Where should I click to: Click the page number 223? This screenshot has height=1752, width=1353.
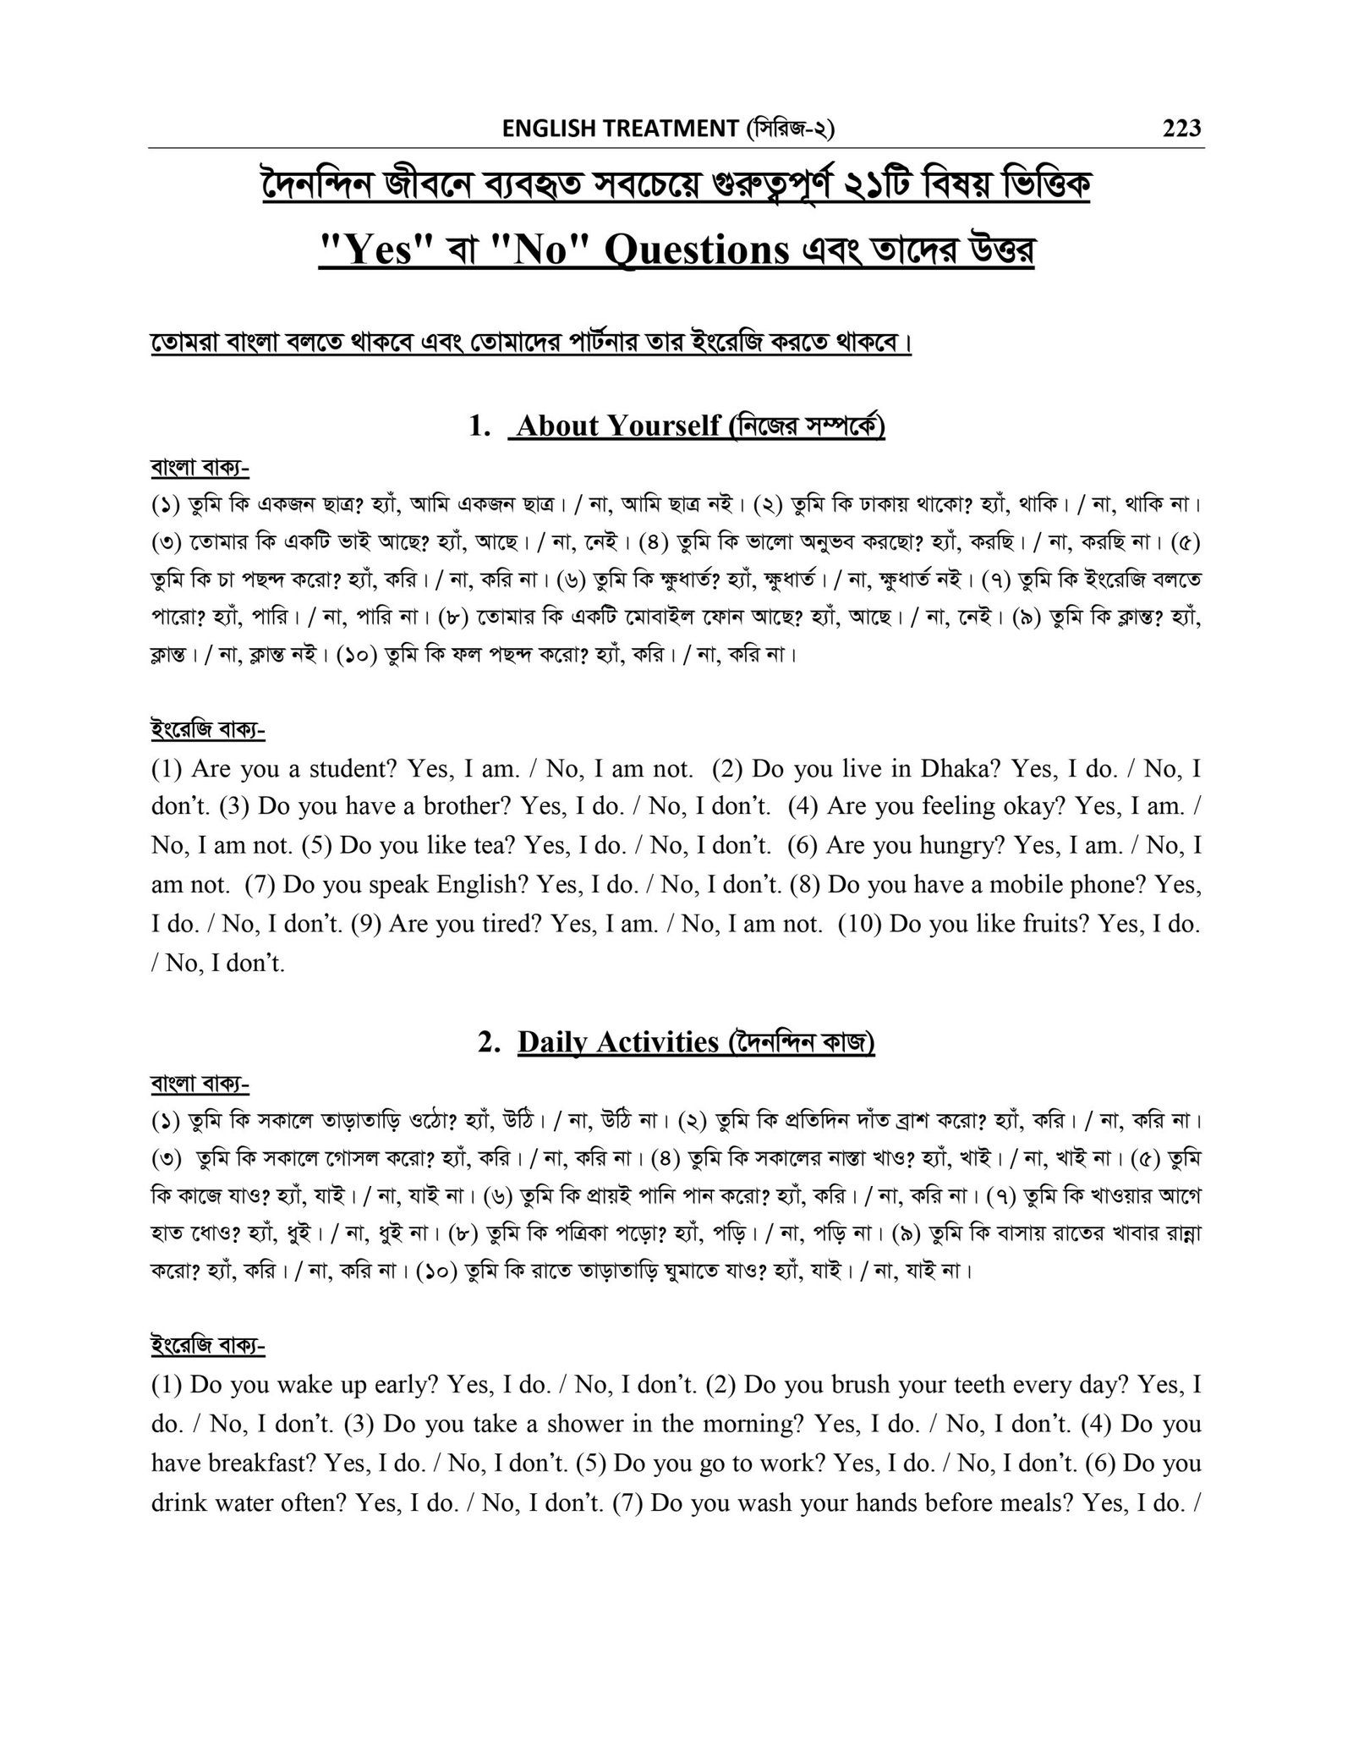(1181, 129)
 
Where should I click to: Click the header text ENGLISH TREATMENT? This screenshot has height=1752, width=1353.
(620, 129)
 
